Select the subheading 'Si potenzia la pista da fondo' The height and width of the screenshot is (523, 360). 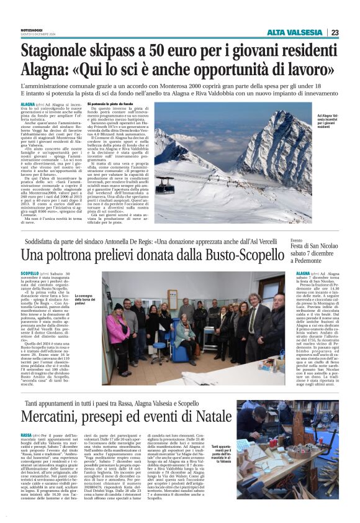(x=110, y=103)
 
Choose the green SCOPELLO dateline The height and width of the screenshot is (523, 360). (x=29, y=273)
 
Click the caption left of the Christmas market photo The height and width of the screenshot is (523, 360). (x=222, y=456)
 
